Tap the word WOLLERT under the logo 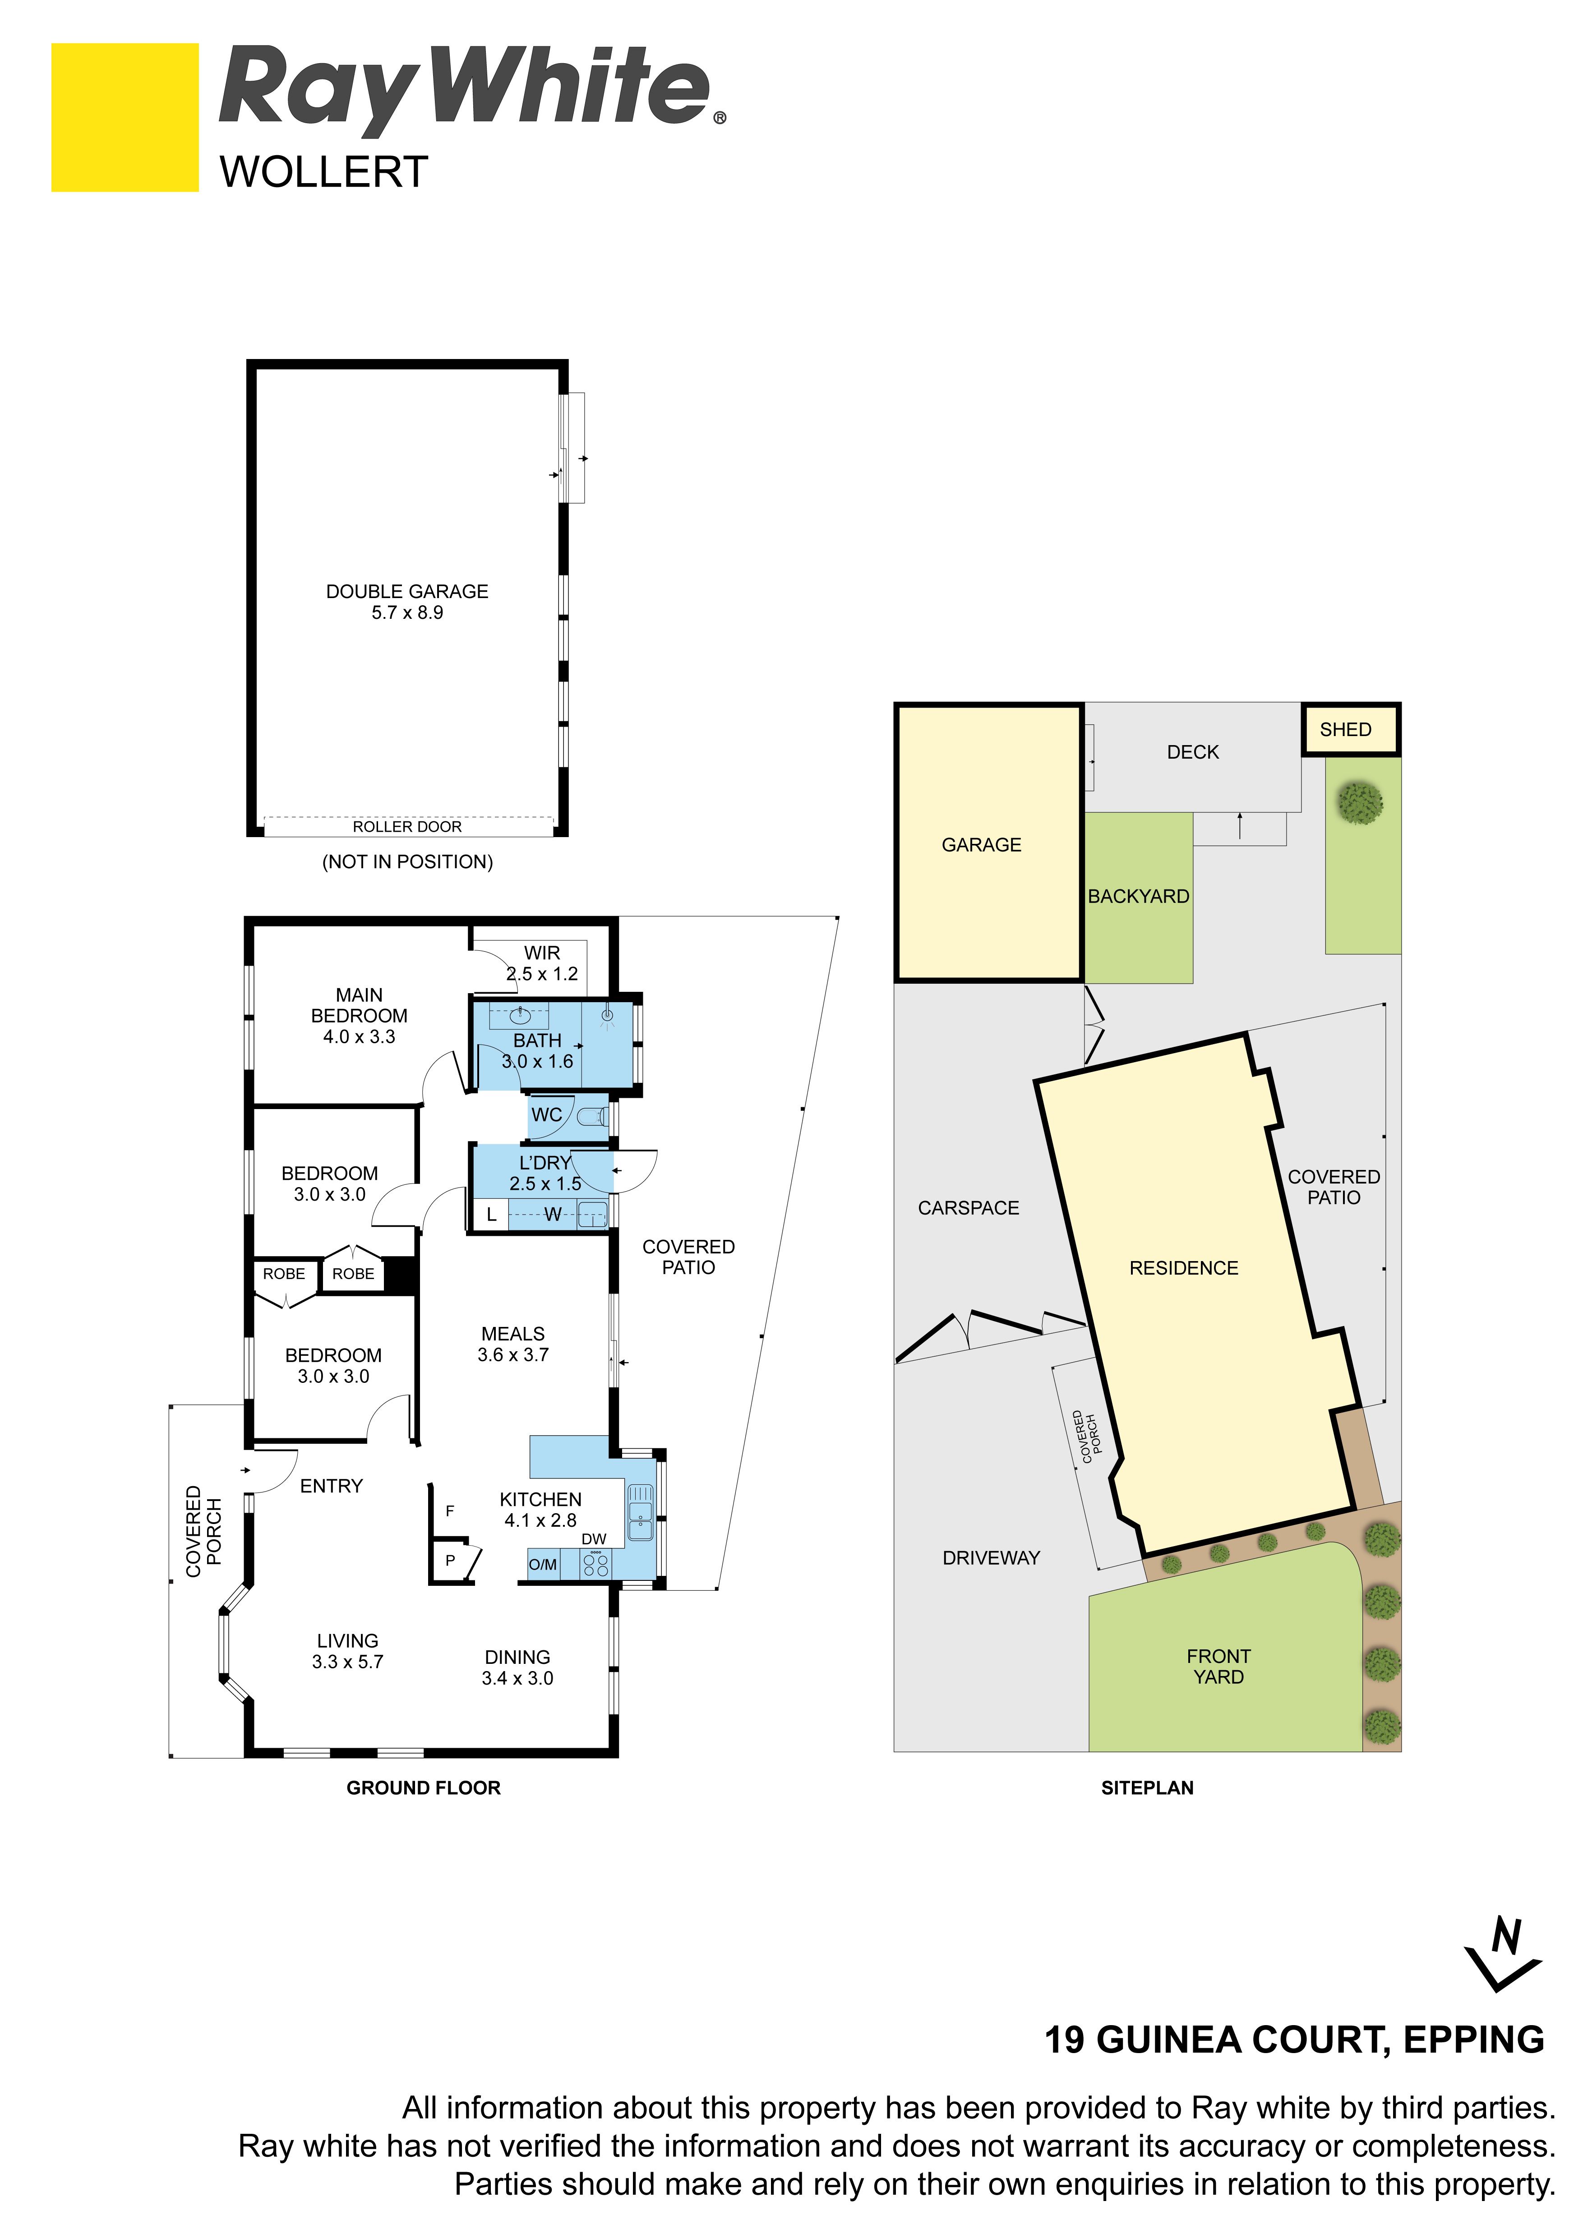323,173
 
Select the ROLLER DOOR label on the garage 407,827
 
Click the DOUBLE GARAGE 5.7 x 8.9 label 407,601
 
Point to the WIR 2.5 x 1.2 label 542,963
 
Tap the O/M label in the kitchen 543,1565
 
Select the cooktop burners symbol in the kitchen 595,1565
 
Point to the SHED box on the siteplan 1351,729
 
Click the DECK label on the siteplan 1193,751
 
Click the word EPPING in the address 1474,2040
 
